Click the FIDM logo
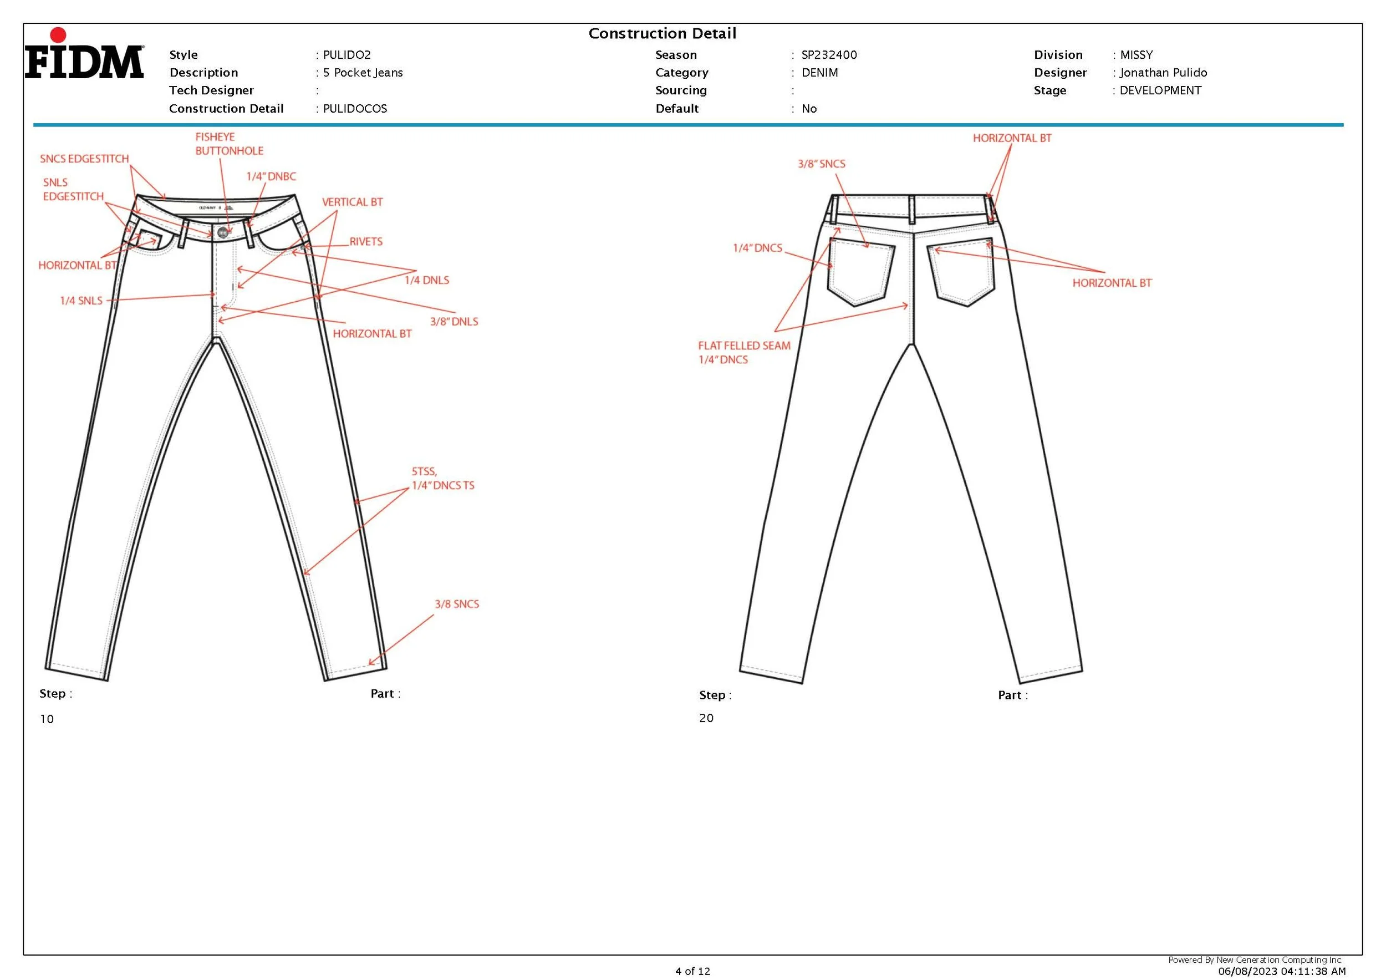tap(84, 55)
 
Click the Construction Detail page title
tap(662, 33)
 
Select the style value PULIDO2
tap(346, 55)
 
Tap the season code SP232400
tap(829, 55)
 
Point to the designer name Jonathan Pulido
tap(1163, 73)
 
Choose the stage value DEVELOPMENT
tap(1160, 90)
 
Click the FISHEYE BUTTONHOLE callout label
tap(229, 144)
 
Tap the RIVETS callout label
tap(366, 241)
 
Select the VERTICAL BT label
tap(352, 202)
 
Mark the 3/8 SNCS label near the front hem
tap(456, 604)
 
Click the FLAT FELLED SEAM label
tap(743, 346)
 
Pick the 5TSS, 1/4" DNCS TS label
tap(442, 478)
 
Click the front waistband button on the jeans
tap(223, 232)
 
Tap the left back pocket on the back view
tap(860, 272)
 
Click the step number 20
tap(706, 718)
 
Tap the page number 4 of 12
tap(692, 971)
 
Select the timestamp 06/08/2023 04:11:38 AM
tap(1281, 971)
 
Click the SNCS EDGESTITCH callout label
tap(84, 159)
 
